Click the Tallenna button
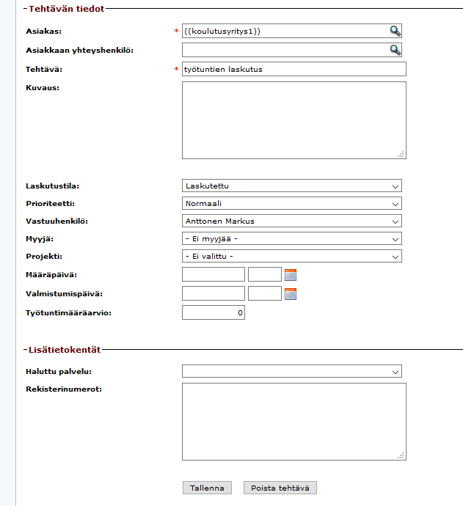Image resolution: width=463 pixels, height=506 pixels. coord(207,488)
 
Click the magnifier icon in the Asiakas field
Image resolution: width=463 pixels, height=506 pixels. coord(395,31)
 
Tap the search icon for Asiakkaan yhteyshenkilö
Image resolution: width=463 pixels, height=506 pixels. coord(395,50)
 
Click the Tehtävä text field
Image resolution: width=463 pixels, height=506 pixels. coord(294,69)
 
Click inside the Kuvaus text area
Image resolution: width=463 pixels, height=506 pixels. coord(294,120)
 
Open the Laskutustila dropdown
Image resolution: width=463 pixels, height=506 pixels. coord(291,186)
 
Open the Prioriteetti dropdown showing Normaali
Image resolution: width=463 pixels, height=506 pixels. coord(291,203)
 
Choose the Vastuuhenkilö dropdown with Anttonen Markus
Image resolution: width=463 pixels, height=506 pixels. coord(291,221)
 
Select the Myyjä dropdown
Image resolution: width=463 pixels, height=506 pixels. coord(291,238)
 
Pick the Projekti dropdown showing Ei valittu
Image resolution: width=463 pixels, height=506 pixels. coord(291,256)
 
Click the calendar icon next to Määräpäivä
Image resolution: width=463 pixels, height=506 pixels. coord(291,275)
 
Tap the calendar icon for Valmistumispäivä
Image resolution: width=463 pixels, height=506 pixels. coord(291,294)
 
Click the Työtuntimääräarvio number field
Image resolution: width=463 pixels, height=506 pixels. coord(213,313)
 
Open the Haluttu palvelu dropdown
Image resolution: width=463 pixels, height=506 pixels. coord(291,372)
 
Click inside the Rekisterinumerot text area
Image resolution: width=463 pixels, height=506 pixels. coord(294,422)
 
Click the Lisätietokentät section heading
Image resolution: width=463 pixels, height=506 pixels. coord(65,351)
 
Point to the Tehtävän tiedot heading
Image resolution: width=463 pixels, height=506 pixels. coord(66,9)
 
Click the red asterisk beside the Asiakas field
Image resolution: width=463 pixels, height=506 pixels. coord(176,32)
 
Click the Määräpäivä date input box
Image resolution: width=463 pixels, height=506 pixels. coord(213,274)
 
